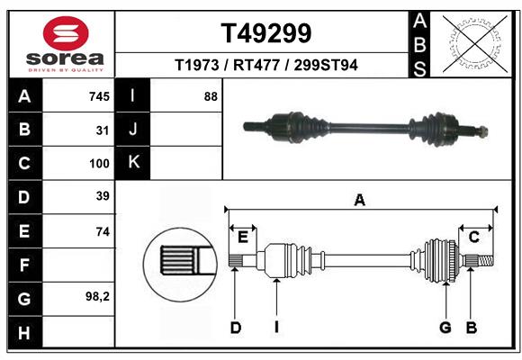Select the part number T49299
coord(266,33)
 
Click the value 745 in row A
coord(99,96)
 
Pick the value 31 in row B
coord(103,130)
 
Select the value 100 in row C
coord(99,164)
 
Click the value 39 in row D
coord(103,196)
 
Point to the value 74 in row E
coord(103,231)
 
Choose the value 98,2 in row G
coord(97,296)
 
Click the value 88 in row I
coord(211,96)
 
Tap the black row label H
coord(24,333)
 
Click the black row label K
coord(133,163)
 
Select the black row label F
coord(24,265)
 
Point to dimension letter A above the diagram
coord(360,201)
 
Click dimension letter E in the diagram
coord(242,237)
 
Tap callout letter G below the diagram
coord(445,327)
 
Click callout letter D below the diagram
coord(235,327)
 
